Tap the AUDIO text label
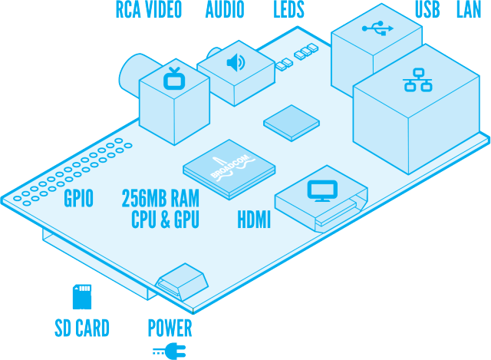tap(225, 10)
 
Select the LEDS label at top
tap(288, 10)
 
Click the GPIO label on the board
tap(77, 200)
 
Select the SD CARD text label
tap(81, 329)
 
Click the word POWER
tap(170, 329)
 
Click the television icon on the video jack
tap(173, 77)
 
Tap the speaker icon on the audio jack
tap(234, 61)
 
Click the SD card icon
tap(81, 296)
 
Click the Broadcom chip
tap(228, 165)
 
